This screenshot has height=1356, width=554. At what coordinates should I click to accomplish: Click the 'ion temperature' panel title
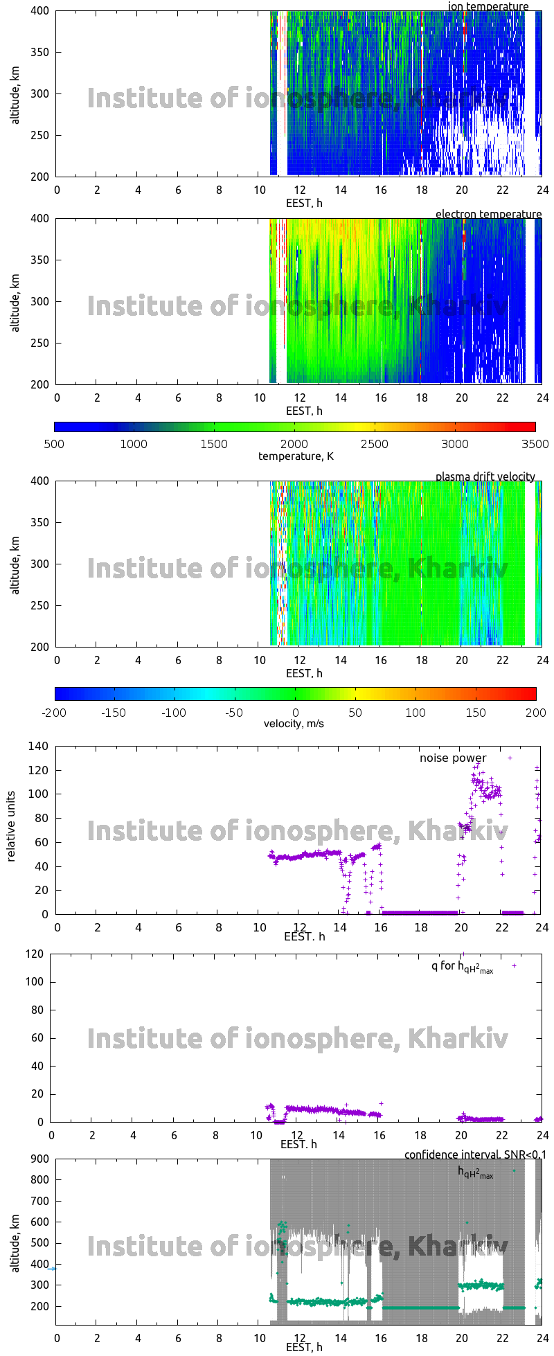pyautogui.click(x=488, y=6)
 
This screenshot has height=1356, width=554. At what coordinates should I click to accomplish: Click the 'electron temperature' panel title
pyautogui.click(x=488, y=214)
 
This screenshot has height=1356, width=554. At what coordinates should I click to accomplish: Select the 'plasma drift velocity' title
pyautogui.click(x=485, y=476)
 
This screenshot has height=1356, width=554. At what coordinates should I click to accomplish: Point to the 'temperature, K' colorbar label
pyautogui.click(x=296, y=456)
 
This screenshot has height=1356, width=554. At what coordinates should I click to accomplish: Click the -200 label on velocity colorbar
pyautogui.click(x=54, y=712)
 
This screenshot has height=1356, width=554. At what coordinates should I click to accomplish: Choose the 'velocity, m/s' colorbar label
pyautogui.click(x=294, y=724)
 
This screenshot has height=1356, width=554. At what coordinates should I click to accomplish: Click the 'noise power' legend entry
pyautogui.click(x=453, y=758)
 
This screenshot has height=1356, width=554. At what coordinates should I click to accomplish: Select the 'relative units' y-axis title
pyautogui.click(x=11, y=830)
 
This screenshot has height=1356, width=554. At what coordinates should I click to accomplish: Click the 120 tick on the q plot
pyautogui.click(x=36, y=954)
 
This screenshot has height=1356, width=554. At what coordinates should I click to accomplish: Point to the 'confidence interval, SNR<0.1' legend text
pyautogui.click(x=475, y=1154)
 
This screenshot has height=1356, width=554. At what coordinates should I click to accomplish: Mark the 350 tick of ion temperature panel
pyautogui.click(x=40, y=52)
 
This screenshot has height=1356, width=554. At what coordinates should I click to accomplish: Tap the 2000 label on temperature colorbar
pyautogui.click(x=294, y=444)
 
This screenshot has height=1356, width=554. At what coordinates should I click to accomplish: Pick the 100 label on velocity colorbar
pyautogui.click(x=415, y=712)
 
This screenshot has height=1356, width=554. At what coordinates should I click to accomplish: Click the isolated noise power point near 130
pyautogui.click(x=510, y=758)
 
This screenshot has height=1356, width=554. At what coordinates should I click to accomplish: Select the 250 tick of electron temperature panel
pyautogui.click(x=40, y=343)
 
